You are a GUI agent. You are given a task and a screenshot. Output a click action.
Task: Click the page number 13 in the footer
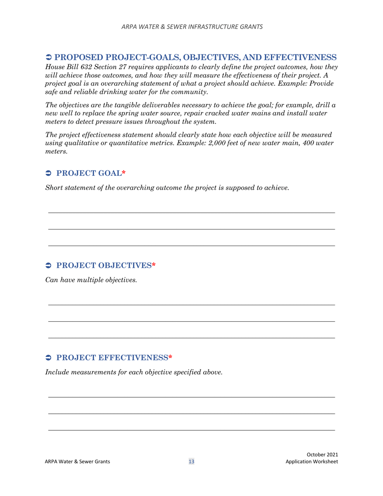coord(191,462)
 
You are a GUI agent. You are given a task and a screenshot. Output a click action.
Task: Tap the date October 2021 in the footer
coord(322,454)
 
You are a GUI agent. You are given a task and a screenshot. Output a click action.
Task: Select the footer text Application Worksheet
coord(311,462)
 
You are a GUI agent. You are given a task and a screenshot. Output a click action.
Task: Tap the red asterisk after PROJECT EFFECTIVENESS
coord(170,357)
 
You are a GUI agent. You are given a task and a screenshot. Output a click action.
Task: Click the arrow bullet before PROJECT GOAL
coord(48,173)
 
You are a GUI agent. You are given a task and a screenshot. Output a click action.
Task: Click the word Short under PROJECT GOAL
coord(54,188)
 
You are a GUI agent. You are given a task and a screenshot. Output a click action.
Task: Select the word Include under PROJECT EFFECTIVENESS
coord(57,372)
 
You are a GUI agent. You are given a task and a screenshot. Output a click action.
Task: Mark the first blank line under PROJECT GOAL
coord(191,213)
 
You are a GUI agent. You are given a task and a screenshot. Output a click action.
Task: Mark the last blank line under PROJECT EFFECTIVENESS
coord(191,430)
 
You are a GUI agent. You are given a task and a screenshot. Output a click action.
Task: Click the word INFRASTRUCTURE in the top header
coord(200,27)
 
